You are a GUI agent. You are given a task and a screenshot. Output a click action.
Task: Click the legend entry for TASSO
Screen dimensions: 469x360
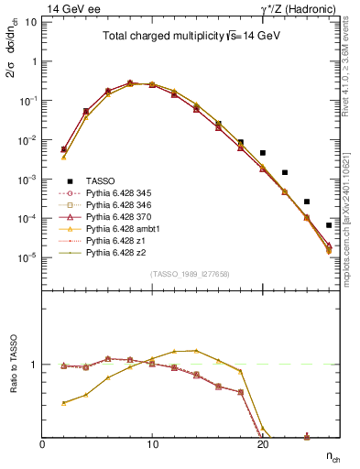101,182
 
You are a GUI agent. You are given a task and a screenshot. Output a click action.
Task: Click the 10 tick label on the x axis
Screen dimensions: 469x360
153,444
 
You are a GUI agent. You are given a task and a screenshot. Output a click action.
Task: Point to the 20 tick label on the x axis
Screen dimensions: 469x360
263,444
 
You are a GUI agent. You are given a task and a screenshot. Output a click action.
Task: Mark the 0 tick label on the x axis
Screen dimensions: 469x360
43,444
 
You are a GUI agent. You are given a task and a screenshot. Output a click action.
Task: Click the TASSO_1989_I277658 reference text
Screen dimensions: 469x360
191,274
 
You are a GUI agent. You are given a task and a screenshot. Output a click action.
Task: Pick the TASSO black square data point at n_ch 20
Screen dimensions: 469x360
263,153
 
